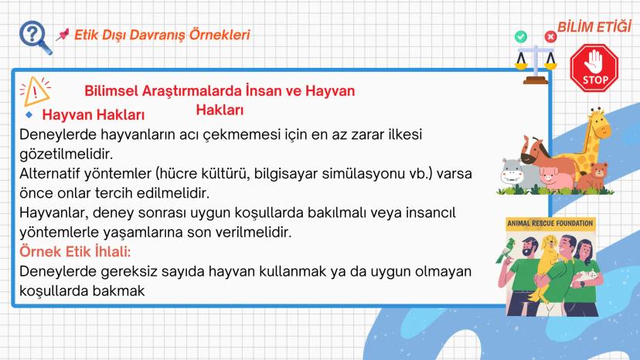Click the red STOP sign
[x=595, y=67]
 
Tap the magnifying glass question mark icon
[x=35, y=36]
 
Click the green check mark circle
[x=520, y=36]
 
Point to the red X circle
[x=550, y=36]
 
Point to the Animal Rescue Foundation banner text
[x=550, y=224]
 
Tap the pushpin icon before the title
[x=63, y=36]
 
